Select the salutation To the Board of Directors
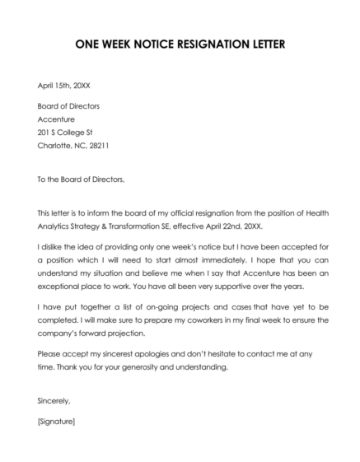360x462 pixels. pos(80,178)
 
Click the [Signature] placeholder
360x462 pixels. pos(57,421)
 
